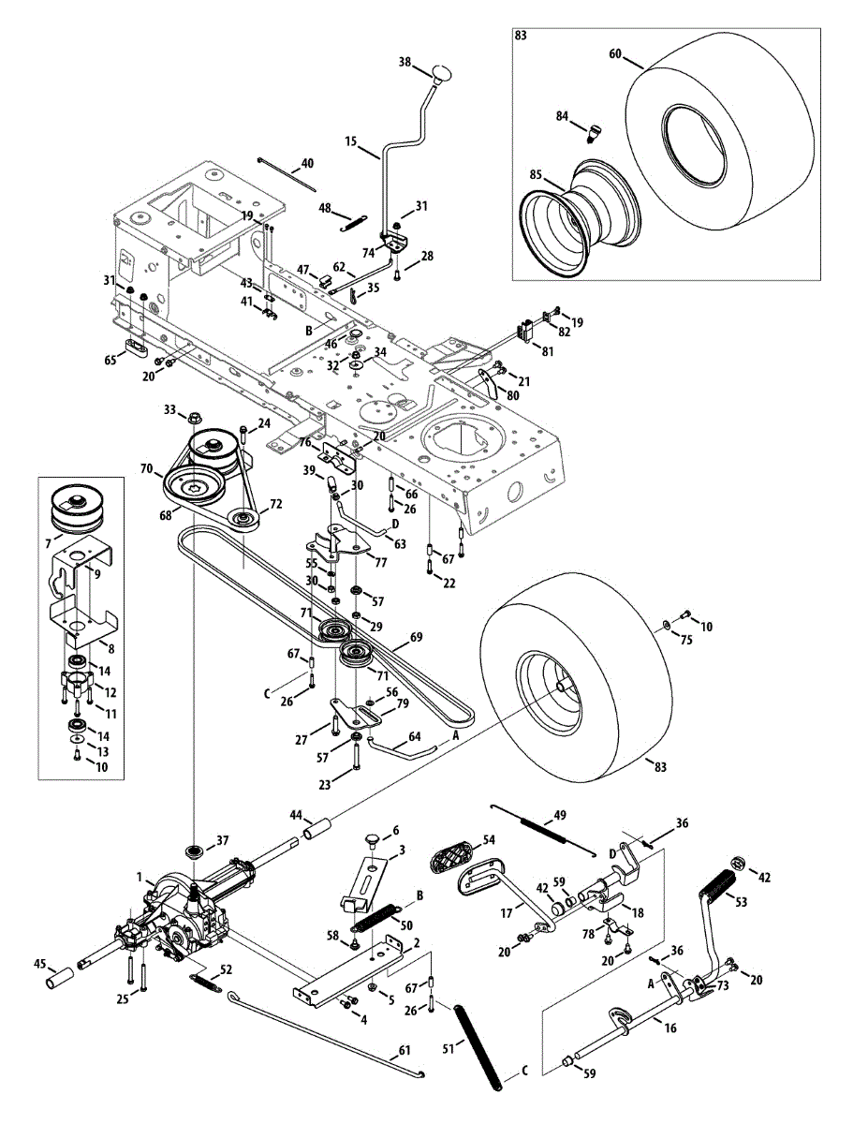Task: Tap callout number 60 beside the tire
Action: (x=614, y=53)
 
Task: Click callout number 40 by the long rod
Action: (x=308, y=163)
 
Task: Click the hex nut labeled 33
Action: (x=194, y=416)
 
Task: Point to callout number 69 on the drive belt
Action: (x=417, y=637)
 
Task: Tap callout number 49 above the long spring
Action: (x=560, y=815)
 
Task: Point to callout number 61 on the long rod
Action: (x=405, y=1049)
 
